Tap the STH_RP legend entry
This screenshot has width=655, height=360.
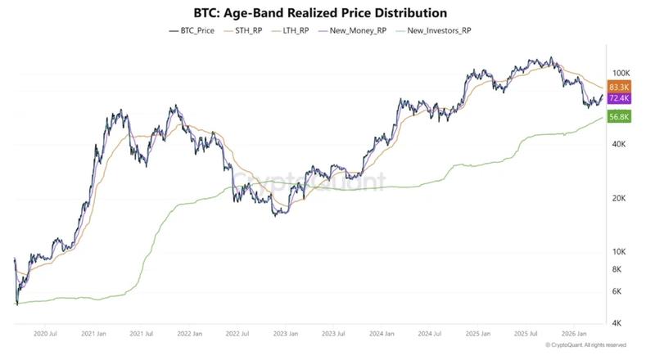[251, 30]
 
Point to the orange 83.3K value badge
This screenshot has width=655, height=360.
[619, 86]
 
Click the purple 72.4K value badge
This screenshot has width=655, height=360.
[619, 98]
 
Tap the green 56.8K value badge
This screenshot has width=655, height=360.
[619, 117]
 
